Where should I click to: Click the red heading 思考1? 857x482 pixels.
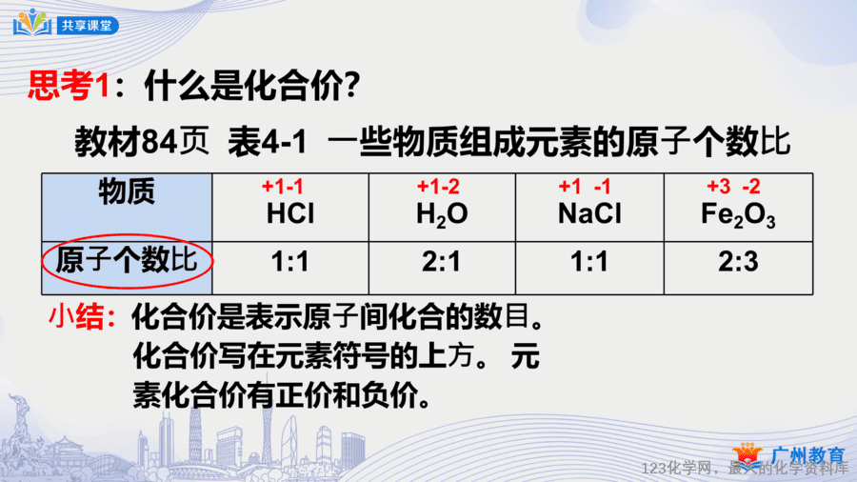pyautogui.click(x=69, y=85)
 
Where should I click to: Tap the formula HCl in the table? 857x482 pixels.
pyautogui.click(x=290, y=213)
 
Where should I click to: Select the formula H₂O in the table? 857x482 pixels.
pyautogui.click(x=442, y=214)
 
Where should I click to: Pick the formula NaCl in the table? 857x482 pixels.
pyautogui.click(x=589, y=213)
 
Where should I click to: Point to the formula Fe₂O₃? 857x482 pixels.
pyautogui.click(x=738, y=214)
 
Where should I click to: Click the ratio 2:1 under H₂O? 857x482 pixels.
pyautogui.click(x=442, y=262)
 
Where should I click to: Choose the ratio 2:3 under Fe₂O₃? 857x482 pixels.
pyautogui.click(x=738, y=262)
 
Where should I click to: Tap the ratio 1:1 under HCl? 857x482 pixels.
pyautogui.click(x=290, y=262)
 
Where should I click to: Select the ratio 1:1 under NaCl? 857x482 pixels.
pyautogui.click(x=589, y=262)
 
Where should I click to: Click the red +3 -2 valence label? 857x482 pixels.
pyautogui.click(x=733, y=187)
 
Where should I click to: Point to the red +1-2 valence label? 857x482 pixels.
pyautogui.click(x=438, y=187)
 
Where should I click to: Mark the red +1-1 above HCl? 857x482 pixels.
pyautogui.click(x=282, y=187)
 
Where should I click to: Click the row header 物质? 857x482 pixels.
pyautogui.click(x=127, y=191)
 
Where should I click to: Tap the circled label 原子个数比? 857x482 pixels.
pyautogui.click(x=127, y=260)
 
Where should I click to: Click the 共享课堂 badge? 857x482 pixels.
pyautogui.click(x=88, y=26)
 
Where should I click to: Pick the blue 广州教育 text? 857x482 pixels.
pyautogui.click(x=808, y=455)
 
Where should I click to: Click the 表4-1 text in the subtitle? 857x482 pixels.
pyautogui.click(x=268, y=142)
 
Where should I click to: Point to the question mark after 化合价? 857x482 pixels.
pyautogui.click(x=352, y=85)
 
